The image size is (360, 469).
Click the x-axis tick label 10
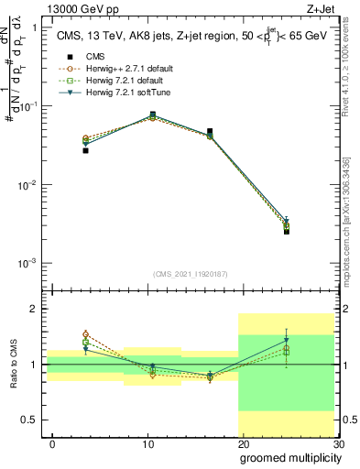tap(148, 443)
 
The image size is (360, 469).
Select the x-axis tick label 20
tap(244, 443)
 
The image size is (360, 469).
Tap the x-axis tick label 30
tap(338, 443)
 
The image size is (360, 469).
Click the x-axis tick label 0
tap(53, 443)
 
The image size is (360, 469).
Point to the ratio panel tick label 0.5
tap(27, 420)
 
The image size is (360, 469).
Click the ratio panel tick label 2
tap(33, 309)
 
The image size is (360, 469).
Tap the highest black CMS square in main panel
tap(152, 115)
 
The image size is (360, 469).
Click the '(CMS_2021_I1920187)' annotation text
tap(190, 273)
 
